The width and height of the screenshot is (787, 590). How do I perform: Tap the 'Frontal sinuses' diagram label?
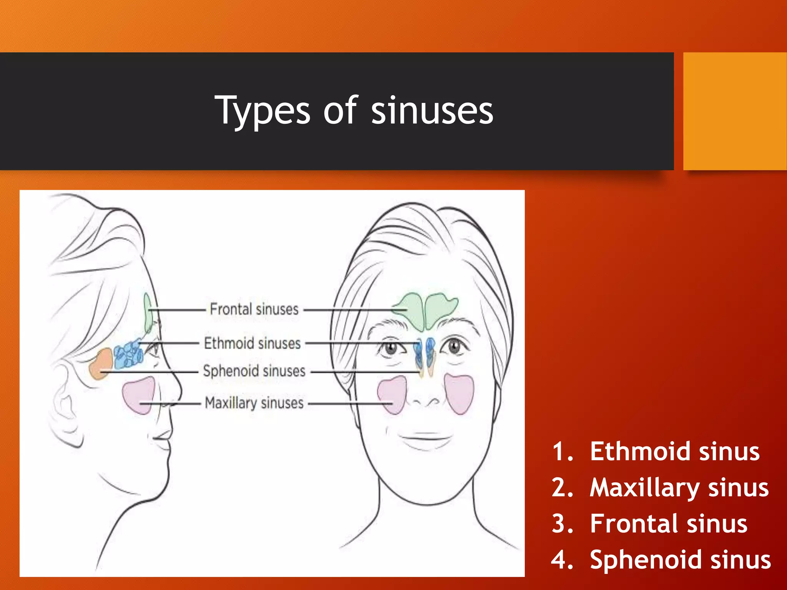[x=254, y=309]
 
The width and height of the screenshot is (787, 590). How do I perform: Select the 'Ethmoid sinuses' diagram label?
[x=252, y=343]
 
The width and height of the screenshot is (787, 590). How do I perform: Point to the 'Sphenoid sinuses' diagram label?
[x=254, y=371]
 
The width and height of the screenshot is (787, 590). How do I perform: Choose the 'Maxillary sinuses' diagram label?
[x=254, y=403]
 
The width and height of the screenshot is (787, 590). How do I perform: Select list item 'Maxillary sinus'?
[x=679, y=487]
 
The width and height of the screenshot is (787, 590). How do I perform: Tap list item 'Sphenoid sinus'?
[x=680, y=560]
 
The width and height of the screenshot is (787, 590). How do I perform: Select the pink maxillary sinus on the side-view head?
[x=138, y=396]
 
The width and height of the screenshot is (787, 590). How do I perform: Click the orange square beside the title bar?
[x=735, y=111]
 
